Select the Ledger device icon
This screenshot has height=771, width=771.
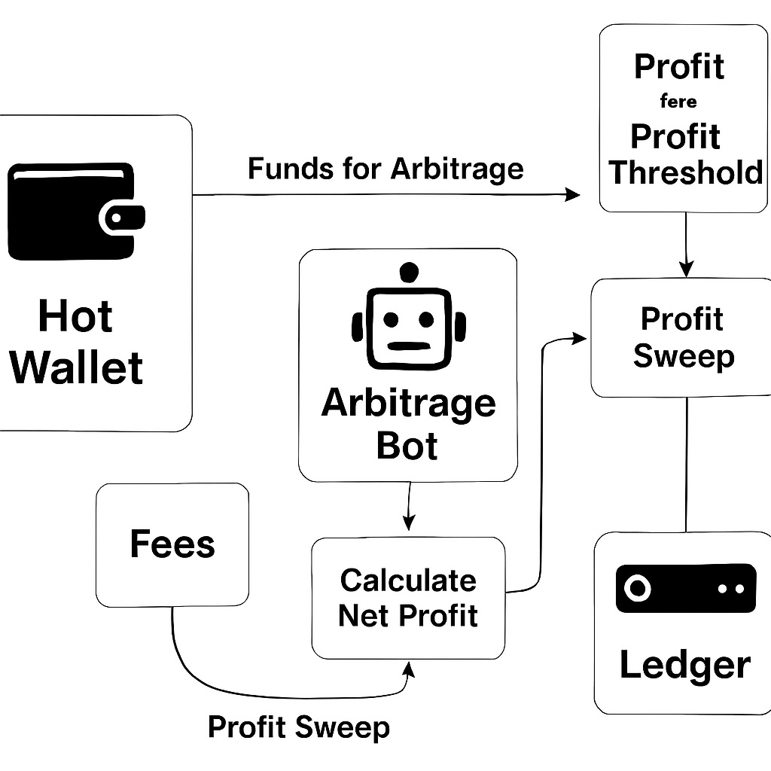685,588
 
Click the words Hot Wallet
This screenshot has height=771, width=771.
76,341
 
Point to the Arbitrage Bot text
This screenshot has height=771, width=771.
408,424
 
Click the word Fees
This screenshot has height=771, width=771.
172,544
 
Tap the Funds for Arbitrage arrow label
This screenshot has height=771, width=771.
385,168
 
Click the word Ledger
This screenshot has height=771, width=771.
684,665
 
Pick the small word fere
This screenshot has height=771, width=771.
678,101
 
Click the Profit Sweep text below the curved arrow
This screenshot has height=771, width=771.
299,727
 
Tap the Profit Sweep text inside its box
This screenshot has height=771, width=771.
683,337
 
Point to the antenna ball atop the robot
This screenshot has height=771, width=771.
408,272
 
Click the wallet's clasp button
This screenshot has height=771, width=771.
117,218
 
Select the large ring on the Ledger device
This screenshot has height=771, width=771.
637,588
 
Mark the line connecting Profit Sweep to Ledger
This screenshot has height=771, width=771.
686,464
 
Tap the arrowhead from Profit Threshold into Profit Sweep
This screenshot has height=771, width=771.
685,269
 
